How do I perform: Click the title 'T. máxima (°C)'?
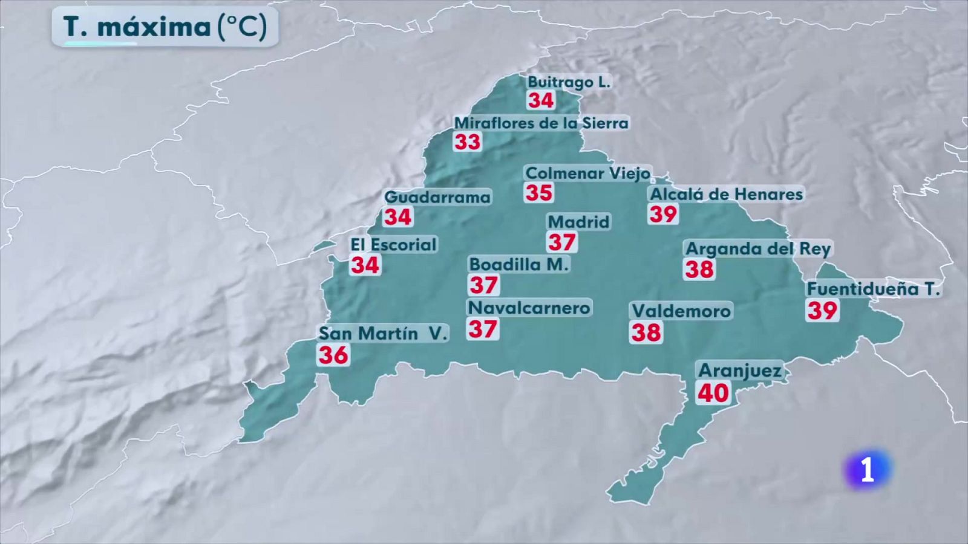click(165, 27)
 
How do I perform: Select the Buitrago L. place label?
click(569, 82)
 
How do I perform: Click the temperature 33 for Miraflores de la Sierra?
click(468, 142)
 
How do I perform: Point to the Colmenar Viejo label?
click(587, 173)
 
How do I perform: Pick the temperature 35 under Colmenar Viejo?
click(538, 193)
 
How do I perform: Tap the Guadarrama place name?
click(437, 197)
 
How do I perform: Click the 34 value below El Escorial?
click(365, 265)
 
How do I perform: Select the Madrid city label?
click(578, 222)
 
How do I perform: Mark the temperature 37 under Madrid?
click(562, 242)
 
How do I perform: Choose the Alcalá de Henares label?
click(726, 194)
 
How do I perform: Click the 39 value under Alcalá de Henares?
click(663, 214)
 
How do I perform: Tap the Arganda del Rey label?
click(758, 248)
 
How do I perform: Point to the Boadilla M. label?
click(519, 264)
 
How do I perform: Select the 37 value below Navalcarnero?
click(483, 329)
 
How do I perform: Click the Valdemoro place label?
click(681, 311)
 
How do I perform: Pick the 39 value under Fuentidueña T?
click(822, 311)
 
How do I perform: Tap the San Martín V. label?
click(382, 333)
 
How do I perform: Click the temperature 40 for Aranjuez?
click(713, 393)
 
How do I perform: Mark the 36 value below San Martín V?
click(333, 355)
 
